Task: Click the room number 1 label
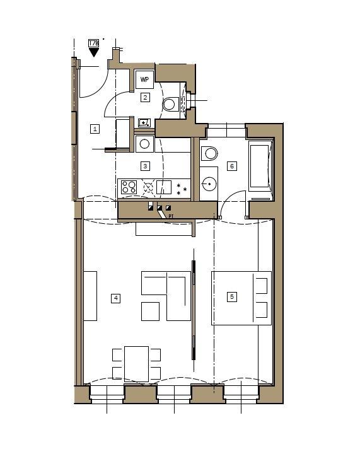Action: (95, 129)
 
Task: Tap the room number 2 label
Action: (145, 97)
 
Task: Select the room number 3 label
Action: (145, 166)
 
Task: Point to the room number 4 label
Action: (115, 298)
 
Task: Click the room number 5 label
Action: (232, 296)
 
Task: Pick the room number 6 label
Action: (232, 166)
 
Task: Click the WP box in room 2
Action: (145, 80)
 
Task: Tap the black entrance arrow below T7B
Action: (94, 53)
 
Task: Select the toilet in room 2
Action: (170, 103)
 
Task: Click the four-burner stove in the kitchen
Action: (129, 187)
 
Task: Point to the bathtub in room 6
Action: (260, 167)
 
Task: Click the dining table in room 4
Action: (136, 363)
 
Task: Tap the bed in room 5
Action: (241, 298)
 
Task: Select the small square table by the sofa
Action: (150, 312)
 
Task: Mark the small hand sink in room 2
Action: (144, 122)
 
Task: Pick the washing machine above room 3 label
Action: (145, 144)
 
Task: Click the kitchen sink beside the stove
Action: (163, 187)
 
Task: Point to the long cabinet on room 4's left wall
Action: (90, 296)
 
